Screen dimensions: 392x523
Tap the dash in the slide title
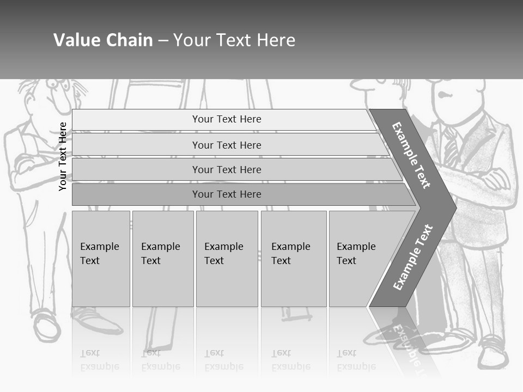[163, 40]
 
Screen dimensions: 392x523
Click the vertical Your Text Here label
[63, 156]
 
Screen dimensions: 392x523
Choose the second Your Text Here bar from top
[227, 145]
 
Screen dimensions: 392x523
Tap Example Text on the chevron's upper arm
[411, 155]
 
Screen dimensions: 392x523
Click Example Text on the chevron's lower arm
[412, 258]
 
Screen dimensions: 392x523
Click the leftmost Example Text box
[101, 259]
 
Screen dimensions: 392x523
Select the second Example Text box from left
[163, 259]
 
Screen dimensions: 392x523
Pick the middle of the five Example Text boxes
[227, 259]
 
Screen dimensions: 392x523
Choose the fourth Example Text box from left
[294, 259]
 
